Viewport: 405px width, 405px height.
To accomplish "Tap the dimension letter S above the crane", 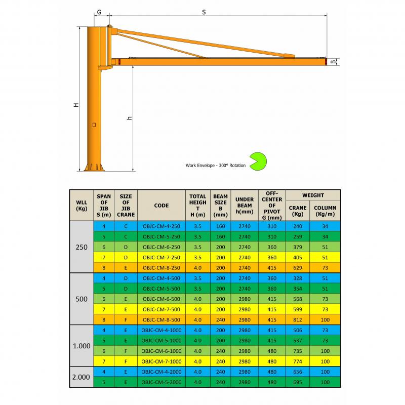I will click(x=204, y=12).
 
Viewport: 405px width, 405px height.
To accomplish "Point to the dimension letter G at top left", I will click(x=99, y=12).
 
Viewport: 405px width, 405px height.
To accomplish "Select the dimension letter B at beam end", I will click(x=333, y=62).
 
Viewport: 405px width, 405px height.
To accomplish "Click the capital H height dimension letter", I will click(x=76, y=105).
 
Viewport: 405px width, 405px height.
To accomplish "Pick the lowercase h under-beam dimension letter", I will click(x=130, y=118).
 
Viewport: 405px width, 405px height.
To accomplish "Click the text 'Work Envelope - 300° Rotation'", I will click(x=215, y=165).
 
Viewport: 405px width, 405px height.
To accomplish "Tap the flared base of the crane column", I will click(x=95, y=167).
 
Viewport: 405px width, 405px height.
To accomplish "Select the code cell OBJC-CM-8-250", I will click(x=161, y=267).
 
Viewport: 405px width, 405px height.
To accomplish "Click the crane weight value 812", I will click(x=297, y=320).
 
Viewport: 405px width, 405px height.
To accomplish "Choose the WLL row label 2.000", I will click(x=82, y=377).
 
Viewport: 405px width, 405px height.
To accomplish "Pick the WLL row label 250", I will click(x=82, y=248).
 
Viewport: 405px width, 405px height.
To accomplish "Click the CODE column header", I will click(x=161, y=206).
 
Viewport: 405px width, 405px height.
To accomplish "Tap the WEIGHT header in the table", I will click(x=313, y=195).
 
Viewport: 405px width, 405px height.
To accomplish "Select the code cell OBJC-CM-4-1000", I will click(x=161, y=331).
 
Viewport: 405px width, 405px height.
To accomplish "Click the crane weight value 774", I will click(x=297, y=361).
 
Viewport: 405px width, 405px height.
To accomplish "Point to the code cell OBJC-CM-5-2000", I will click(x=161, y=382).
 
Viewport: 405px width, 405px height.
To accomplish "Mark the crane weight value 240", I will click(x=297, y=226).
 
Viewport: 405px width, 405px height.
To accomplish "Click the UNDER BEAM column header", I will click(x=245, y=206).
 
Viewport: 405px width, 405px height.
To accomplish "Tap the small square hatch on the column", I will click(x=94, y=124).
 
